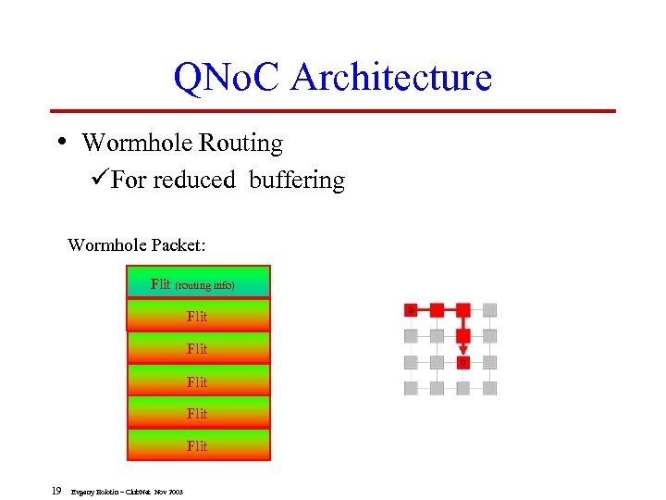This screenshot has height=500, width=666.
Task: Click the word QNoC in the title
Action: pyautogui.click(x=228, y=77)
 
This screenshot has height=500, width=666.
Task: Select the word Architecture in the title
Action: pyautogui.click(x=390, y=77)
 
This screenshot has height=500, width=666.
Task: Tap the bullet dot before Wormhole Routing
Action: pyautogui.click(x=61, y=142)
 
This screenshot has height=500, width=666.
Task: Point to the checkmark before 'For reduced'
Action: pyautogui.click(x=102, y=180)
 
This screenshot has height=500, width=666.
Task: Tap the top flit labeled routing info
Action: pyautogui.click(x=198, y=283)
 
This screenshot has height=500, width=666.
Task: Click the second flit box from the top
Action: pyautogui.click(x=198, y=316)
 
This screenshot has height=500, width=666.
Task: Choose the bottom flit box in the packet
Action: pyautogui.click(x=198, y=445)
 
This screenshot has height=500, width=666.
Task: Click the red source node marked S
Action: pyautogui.click(x=411, y=309)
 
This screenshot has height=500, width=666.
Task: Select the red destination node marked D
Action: pyautogui.click(x=463, y=362)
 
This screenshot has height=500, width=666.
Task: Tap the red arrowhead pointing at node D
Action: pyautogui.click(x=463, y=350)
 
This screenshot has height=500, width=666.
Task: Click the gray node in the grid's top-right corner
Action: pyautogui.click(x=490, y=309)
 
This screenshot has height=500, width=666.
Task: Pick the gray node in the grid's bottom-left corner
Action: pyautogui.click(x=411, y=388)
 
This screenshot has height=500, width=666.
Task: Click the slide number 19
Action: pyautogui.click(x=56, y=491)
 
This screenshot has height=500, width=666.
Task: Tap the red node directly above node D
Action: pyautogui.click(x=463, y=335)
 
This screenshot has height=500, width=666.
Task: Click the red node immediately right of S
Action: pyautogui.click(x=437, y=309)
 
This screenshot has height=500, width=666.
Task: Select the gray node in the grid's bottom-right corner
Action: pyautogui.click(x=490, y=388)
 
